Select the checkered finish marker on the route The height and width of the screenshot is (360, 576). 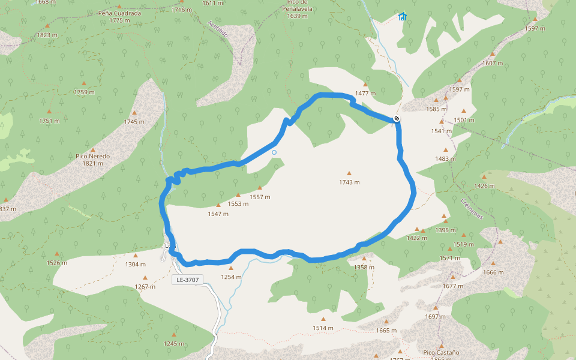[397, 119]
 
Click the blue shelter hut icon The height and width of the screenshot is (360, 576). [402, 16]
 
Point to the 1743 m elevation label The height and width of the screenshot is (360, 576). [349, 182]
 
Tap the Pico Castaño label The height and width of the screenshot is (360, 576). [441, 352]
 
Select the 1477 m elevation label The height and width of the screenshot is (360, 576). [365, 93]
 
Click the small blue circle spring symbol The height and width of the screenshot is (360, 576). [274, 152]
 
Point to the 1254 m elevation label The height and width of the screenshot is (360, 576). [231, 277]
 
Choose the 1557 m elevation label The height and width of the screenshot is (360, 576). [260, 197]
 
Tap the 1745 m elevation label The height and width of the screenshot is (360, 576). [134, 122]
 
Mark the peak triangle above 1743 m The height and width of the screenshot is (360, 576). [349, 173]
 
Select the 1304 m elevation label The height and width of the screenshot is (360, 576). [135, 264]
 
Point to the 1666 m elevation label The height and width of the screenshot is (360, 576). [493, 272]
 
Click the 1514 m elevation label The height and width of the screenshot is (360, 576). [323, 328]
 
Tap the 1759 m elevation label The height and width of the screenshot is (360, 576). [84, 92]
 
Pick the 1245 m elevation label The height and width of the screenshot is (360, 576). [174, 343]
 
